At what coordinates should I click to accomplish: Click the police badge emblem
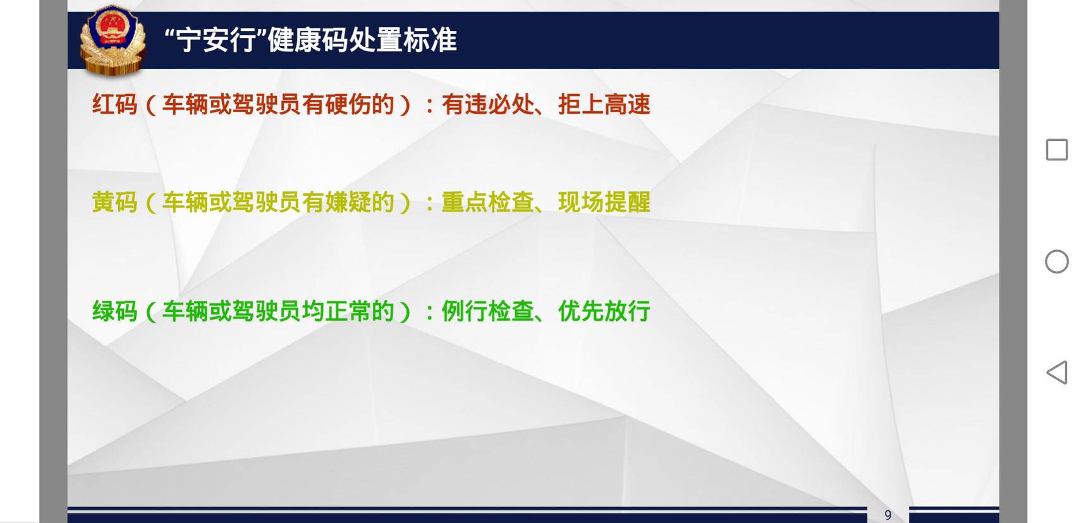point(113,40)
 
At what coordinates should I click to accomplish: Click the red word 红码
point(115,104)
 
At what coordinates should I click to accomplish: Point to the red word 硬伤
point(348,104)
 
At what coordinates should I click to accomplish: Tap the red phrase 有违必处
point(488,104)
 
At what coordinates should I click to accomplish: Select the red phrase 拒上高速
point(604,104)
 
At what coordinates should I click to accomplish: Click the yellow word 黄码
point(115,202)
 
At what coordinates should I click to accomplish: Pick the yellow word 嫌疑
point(348,202)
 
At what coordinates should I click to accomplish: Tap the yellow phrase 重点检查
point(488,202)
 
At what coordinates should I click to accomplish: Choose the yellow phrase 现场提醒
point(604,202)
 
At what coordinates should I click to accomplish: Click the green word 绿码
point(115,311)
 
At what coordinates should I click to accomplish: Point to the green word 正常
point(348,311)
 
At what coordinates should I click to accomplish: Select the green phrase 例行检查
point(488,311)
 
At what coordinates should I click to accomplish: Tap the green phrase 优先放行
point(604,311)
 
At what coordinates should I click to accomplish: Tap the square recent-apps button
point(1057,150)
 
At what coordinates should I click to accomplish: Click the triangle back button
point(1057,373)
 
